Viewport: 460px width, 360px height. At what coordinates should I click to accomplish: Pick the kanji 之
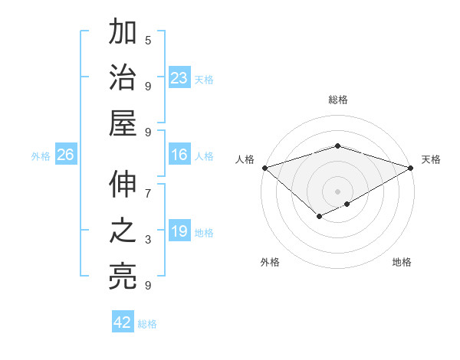123,231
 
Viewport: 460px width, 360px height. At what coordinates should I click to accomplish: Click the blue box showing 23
179,78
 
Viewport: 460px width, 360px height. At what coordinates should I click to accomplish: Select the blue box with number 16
179,155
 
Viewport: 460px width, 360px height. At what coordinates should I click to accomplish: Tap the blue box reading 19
179,231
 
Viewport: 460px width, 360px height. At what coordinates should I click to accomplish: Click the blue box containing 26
66,155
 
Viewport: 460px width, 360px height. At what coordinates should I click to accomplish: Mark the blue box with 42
123,322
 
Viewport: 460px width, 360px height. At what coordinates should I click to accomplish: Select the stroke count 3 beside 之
148,240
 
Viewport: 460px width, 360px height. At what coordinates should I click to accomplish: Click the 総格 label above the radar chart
338,100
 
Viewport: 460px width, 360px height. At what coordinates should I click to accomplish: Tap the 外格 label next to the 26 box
41,155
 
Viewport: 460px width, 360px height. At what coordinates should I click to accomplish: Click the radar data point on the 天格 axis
412,168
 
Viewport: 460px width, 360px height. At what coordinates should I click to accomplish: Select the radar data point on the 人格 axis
264,168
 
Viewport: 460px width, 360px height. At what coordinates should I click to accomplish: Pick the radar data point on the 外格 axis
319,218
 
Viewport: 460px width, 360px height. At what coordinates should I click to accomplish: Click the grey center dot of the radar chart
337,191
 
